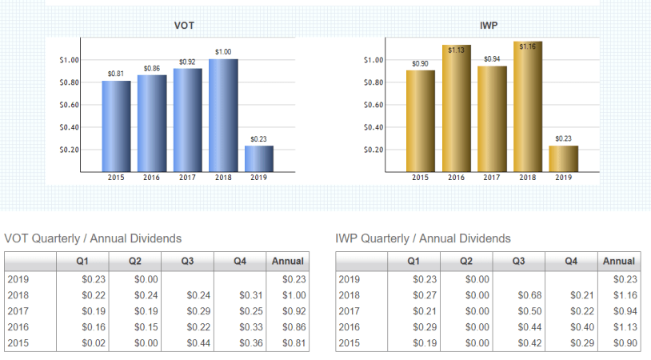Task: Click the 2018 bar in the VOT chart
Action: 223,115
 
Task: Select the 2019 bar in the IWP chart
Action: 563,158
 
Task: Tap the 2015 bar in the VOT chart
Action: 116,126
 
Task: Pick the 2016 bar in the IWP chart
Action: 457,108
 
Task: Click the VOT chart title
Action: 184,26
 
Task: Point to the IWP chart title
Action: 489,26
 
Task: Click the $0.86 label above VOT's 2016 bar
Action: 152,69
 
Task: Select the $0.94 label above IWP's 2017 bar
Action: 492,59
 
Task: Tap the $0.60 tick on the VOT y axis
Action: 69,105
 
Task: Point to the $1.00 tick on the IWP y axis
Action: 373,60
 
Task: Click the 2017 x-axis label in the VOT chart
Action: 187,177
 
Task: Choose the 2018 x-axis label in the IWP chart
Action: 528,177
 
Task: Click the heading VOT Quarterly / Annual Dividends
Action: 93,238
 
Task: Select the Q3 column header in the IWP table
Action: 518,261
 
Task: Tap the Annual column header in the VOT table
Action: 288,261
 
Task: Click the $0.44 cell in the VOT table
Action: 198,343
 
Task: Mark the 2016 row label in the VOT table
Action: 18,327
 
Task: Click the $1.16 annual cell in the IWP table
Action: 624,295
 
